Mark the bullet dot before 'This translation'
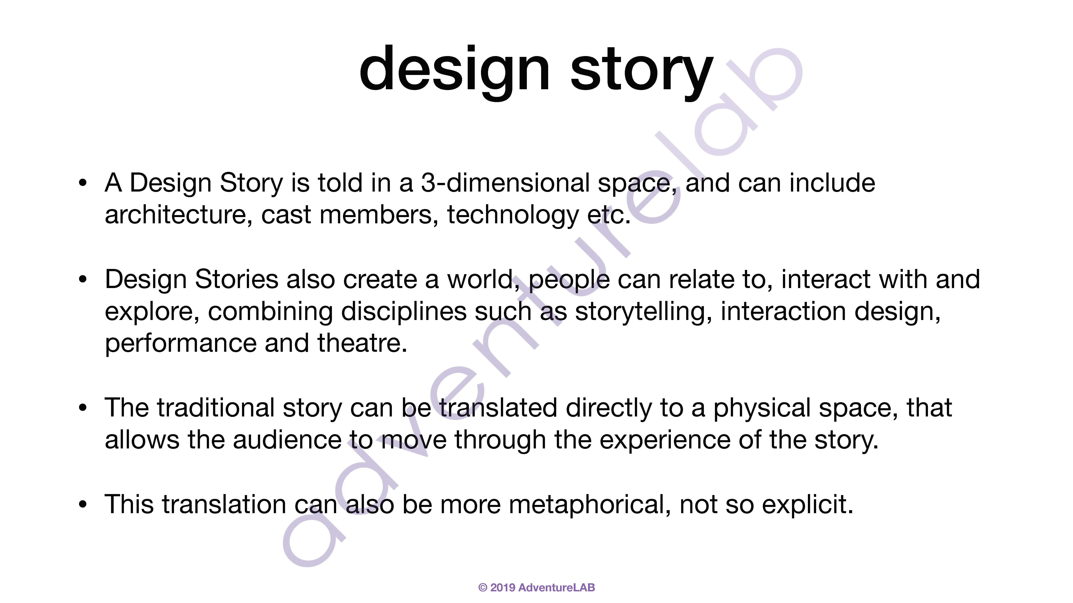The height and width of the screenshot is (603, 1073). tap(83, 505)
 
